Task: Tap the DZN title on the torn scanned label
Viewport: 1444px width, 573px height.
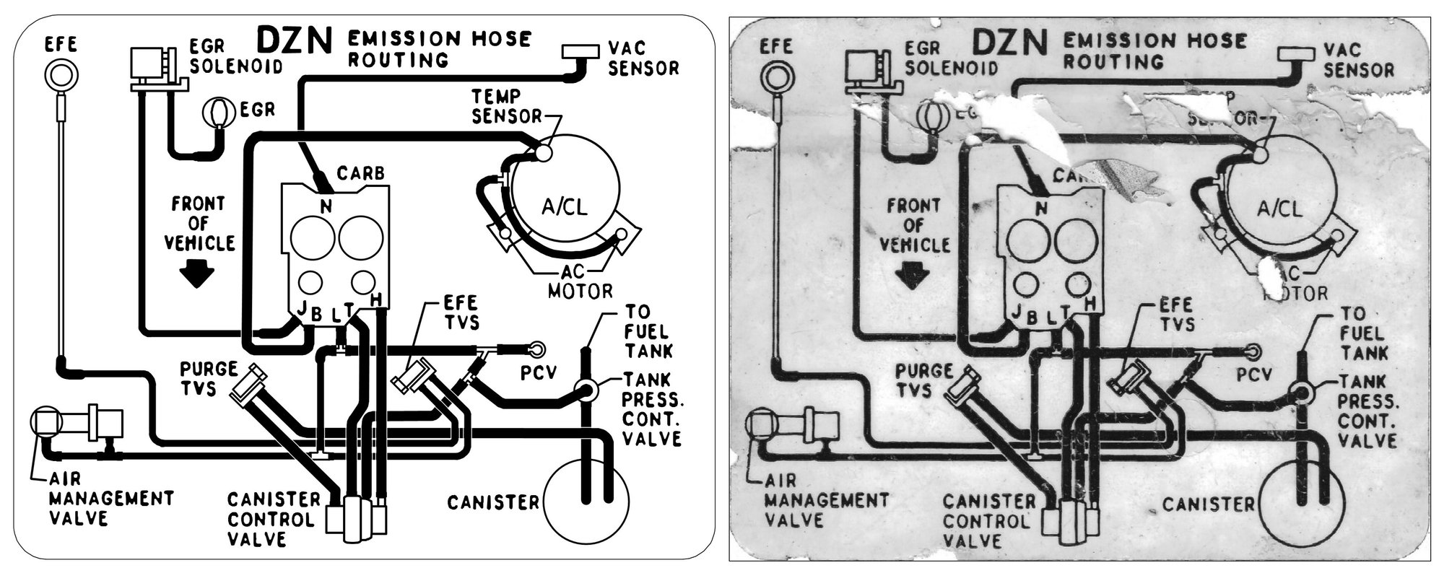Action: pos(1009,43)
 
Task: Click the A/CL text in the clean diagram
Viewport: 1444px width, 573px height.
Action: pos(564,207)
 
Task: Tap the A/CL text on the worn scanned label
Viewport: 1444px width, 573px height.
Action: pos(1279,209)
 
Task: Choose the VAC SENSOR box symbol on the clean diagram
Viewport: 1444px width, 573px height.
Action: pos(580,52)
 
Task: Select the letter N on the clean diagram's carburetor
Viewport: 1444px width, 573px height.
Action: pos(326,206)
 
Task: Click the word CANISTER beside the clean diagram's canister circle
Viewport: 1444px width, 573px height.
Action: pos(492,502)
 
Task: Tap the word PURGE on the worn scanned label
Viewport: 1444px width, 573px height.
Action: pos(924,371)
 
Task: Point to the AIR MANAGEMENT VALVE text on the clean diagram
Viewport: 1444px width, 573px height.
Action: pos(111,498)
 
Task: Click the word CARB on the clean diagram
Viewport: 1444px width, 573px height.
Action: pos(360,174)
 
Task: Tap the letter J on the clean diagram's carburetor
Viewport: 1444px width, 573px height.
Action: pos(301,310)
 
